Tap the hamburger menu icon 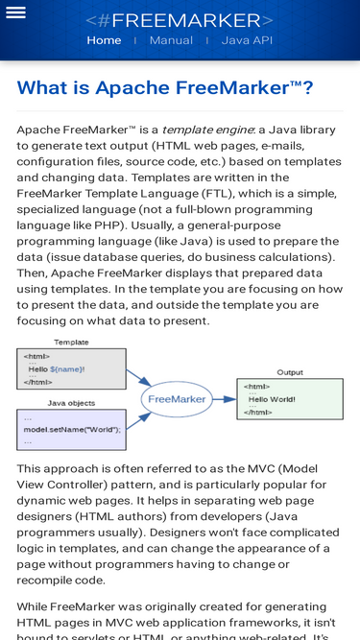coord(15,12)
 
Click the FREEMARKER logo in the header coord(180,20)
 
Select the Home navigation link coord(104,40)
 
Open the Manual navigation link coord(171,40)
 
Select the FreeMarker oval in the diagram coord(177,398)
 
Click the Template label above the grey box coord(71,342)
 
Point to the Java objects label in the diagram coord(71,403)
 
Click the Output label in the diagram coord(289,372)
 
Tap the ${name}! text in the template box coord(67,368)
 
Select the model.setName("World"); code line coord(72,429)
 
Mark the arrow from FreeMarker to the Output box coord(224,398)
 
